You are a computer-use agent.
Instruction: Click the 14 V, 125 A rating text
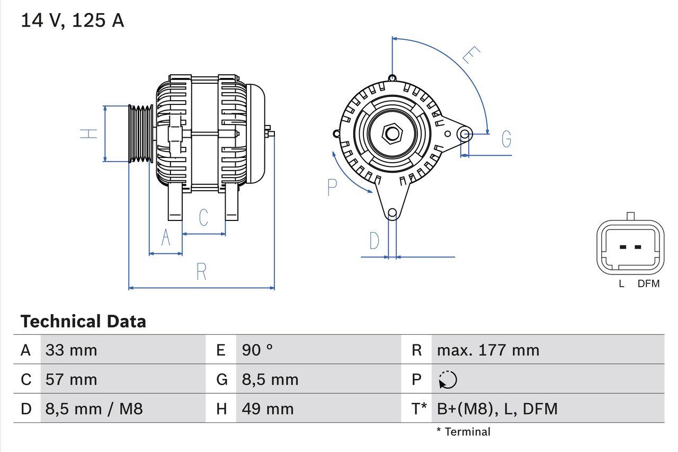coord(72,20)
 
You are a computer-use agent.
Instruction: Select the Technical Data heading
coord(83,322)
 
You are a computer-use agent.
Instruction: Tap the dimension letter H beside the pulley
coord(90,134)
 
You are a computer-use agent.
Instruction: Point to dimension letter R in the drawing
coord(201,271)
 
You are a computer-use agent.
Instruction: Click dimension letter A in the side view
coord(166,238)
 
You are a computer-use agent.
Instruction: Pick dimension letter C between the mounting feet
coord(203,217)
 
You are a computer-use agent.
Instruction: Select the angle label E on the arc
coord(470,55)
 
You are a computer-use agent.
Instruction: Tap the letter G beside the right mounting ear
coord(506,139)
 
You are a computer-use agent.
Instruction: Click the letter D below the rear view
coord(374,241)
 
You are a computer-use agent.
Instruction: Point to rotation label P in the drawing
coord(332,187)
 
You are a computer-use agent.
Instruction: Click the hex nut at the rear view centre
coord(392,133)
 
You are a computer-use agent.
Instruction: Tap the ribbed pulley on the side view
coord(141,133)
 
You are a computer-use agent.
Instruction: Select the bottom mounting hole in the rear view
coord(392,214)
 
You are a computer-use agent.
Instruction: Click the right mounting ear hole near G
coord(465,134)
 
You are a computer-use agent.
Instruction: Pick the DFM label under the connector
coord(648,283)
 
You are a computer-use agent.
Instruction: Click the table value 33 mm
coord(71,350)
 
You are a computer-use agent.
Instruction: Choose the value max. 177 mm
coord(488,350)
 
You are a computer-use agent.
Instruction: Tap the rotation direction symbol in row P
coord(448,379)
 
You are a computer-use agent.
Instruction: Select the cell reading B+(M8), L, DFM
coord(497,409)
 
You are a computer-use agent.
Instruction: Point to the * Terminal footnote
coord(463,432)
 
